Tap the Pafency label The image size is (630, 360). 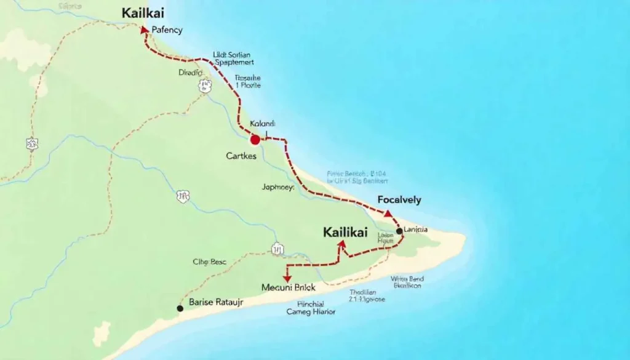[167, 30]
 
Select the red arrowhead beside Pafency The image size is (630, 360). [145, 29]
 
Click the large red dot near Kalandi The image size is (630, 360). [255, 140]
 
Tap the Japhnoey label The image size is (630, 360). [277, 187]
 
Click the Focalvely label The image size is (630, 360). [399, 199]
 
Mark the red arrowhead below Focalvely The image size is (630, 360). [388, 214]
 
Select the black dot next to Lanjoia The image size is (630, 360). [399, 231]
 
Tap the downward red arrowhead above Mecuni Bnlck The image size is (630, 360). [287, 278]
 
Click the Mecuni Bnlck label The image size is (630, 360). [289, 287]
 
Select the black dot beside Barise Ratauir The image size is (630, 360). [180, 308]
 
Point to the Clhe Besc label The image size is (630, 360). [209, 262]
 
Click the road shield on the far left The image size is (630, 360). [32, 144]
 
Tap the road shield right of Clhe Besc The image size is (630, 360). [277, 249]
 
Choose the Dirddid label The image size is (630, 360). [190, 72]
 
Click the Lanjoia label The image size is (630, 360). [417, 230]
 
